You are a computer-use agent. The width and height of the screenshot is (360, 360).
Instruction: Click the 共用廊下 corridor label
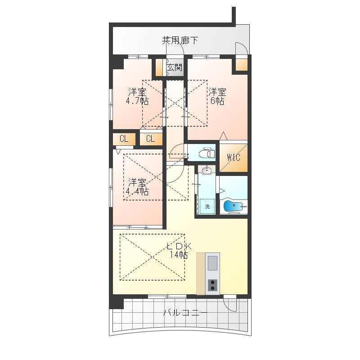(x=180, y=40)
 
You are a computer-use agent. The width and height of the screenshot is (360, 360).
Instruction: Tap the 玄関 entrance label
(x=175, y=67)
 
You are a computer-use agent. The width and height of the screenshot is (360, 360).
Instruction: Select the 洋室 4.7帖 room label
(x=137, y=96)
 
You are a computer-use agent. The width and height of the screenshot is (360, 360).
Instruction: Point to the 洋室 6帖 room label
(x=217, y=96)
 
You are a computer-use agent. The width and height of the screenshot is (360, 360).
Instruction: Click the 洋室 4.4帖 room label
(x=137, y=187)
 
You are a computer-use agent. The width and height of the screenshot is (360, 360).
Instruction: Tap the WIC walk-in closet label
(x=234, y=157)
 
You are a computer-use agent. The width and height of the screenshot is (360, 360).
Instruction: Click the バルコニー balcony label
(x=185, y=312)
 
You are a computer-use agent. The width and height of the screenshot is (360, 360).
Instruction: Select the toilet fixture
(x=207, y=153)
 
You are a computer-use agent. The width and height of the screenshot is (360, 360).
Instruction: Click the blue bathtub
(x=233, y=206)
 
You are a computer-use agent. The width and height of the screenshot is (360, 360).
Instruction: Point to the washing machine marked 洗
(x=207, y=206)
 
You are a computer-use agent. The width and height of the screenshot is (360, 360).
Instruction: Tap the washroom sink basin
(x=207, y=171)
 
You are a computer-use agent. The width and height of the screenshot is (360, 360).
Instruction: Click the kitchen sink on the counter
(x=212, y=263)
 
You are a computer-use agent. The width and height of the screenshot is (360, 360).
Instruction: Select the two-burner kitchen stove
(x=212, y=285)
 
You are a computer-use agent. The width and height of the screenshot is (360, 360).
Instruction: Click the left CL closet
(x=124, y=139)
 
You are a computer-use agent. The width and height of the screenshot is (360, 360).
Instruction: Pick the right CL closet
(x=151, y=139)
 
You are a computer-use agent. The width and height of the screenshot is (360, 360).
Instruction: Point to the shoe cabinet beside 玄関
(x=159, y=67)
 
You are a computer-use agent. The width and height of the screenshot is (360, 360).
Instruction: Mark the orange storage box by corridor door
(x=242, y=65)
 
